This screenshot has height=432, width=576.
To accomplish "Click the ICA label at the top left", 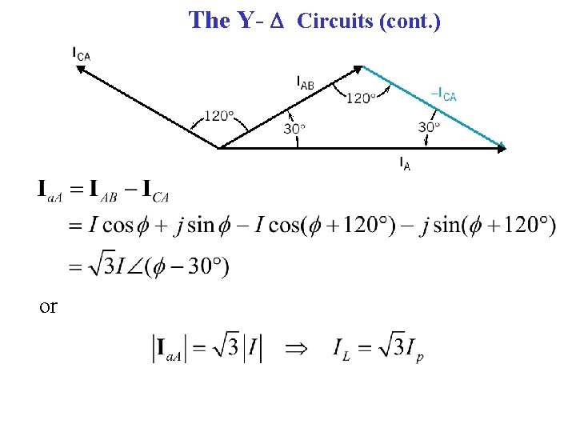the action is point(81,54).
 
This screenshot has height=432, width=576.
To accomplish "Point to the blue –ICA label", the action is point(443,95).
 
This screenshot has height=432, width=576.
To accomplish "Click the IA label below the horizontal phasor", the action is point(406,164).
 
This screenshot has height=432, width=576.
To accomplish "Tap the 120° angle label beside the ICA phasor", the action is point(218,116).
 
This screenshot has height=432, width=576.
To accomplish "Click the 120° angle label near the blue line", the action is point(360,98).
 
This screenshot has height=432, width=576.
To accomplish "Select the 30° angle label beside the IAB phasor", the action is point(294,128).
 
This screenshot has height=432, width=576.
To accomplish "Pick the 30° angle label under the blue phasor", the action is point(429,126).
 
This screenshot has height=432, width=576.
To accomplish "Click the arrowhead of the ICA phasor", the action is point(81,70).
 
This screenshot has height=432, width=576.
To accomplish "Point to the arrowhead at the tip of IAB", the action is point(359,68).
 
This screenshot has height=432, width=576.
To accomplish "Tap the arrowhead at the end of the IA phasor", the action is point(502,147).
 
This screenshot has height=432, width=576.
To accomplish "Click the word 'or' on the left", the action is point(48,306).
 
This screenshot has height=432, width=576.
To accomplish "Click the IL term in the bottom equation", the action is point(343,350).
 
